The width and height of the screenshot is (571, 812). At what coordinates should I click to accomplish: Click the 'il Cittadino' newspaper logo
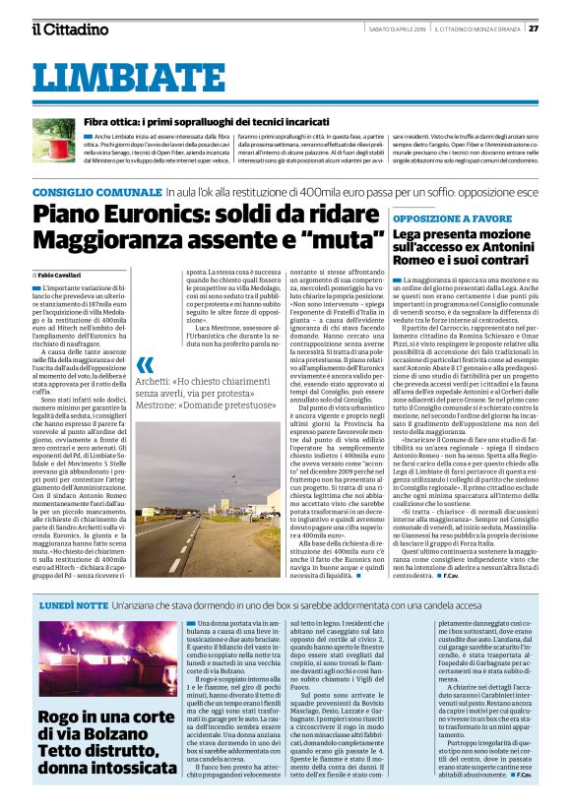[x=69, y=29]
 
